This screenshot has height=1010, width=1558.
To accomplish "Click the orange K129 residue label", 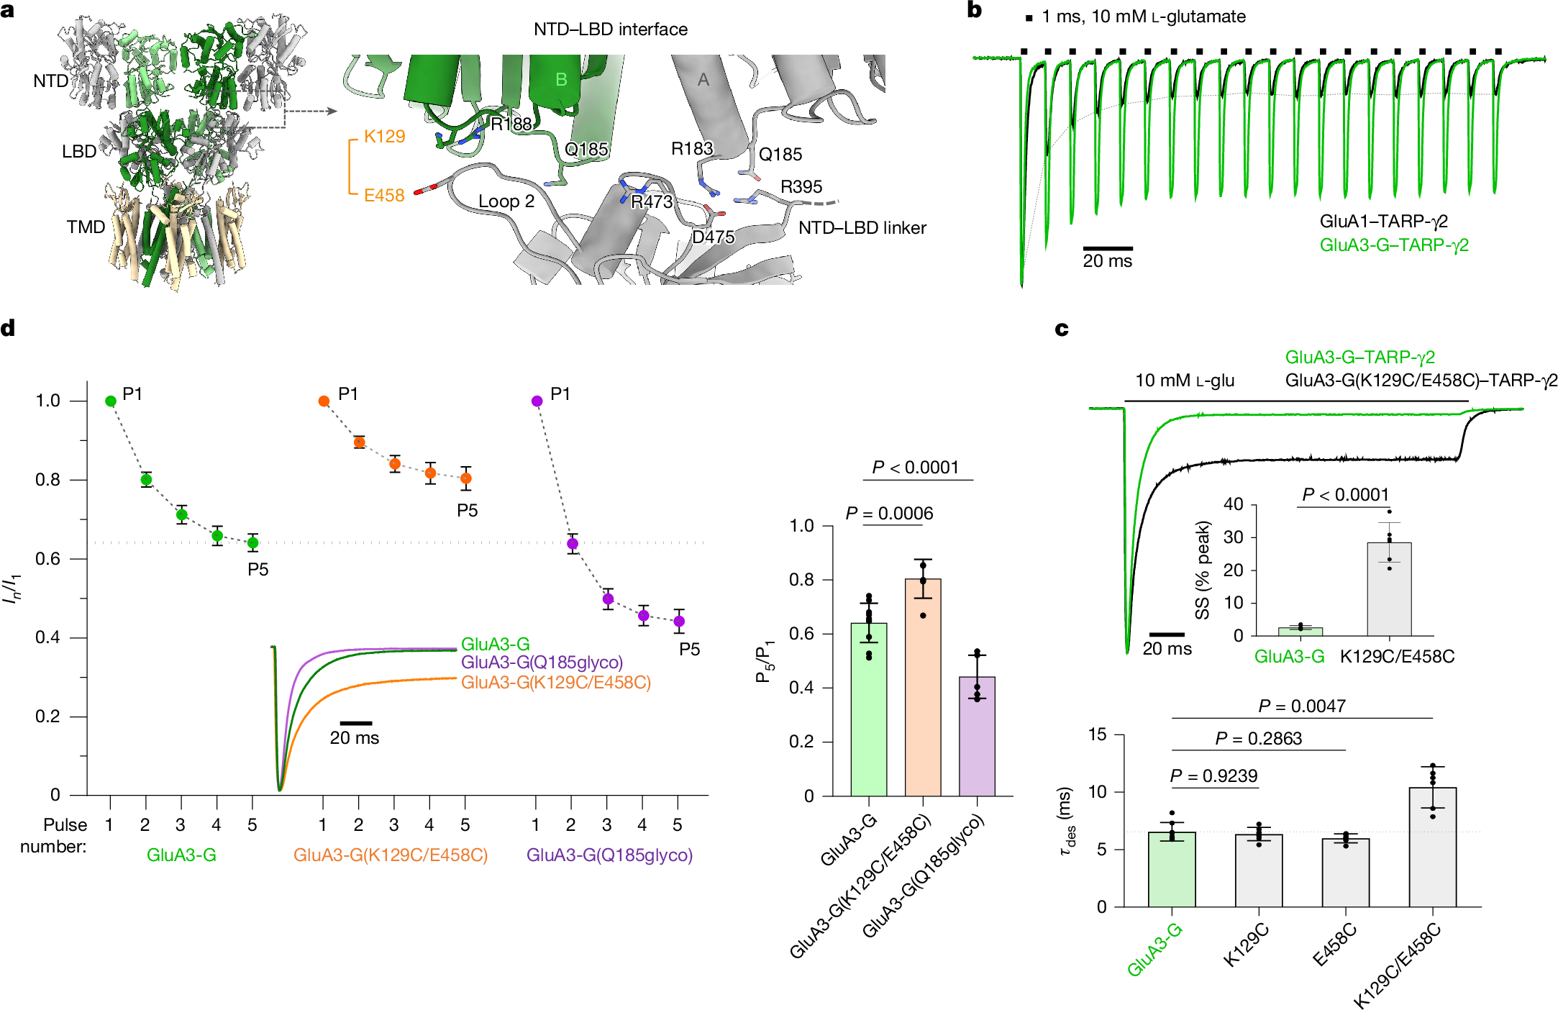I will [x=384, y=137].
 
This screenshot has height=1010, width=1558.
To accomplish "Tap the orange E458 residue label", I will [x=384, y=196].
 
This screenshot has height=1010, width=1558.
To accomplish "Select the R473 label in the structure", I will [x=652, y=202].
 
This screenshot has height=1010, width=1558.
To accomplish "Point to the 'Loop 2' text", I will [x=506, y=201].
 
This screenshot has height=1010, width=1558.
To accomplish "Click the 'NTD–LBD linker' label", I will [x=862, y=228].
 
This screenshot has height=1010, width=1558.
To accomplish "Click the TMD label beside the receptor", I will [x=86, y=227].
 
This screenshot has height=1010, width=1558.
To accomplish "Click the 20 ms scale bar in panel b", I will [x=1108, y=248].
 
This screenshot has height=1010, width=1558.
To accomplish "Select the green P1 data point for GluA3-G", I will [x=111, y=401].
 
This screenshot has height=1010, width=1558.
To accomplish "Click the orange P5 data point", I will [x=466, y=478].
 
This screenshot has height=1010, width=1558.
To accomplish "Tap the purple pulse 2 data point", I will [x=573, y=544].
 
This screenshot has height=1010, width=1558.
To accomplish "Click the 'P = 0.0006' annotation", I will [x=889, y=514].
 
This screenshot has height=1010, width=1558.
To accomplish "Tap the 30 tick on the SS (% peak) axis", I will [x=1233, y=537].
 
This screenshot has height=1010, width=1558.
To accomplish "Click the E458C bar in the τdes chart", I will [x=1345, y=872].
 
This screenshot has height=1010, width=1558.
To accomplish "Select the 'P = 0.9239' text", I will [x=1213, y=776].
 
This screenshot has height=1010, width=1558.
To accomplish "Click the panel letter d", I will [x=8, y=329].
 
